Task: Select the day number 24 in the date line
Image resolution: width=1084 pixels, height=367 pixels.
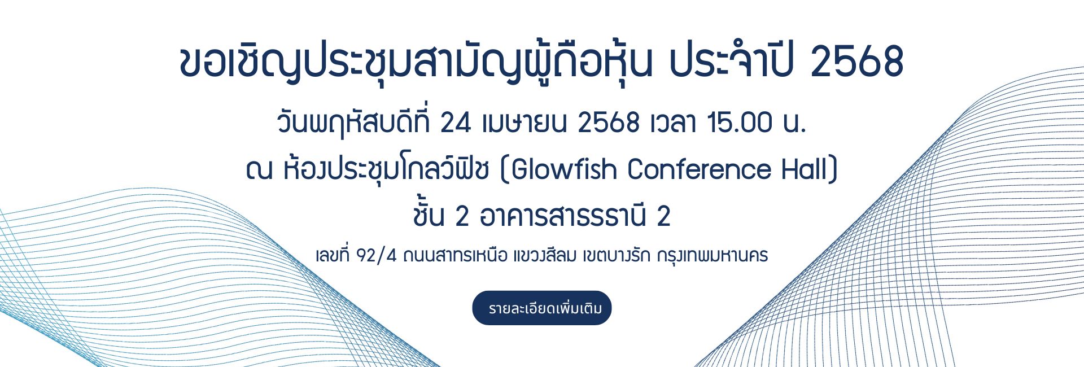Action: click(x=455, y=123)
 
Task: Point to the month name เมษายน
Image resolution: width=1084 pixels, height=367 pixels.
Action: click(x=524, y=123)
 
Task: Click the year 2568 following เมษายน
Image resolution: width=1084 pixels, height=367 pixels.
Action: click(x=609, y=123)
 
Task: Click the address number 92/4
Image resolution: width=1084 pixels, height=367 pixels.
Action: click(x=377, y=256)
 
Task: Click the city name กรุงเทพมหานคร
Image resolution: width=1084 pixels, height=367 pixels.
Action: click(x=713, y=256)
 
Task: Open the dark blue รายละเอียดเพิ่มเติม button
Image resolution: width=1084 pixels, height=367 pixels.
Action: click(x=542, y=308)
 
